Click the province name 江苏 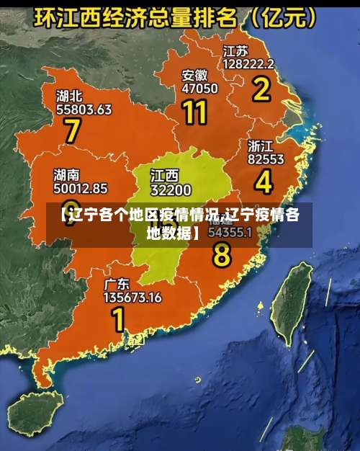point(235,51)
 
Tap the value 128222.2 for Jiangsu point(248,63)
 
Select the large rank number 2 point(260,89)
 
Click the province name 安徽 point(194,75)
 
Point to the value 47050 point(199,89)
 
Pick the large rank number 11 point(195,112)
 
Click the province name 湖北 point(69,96)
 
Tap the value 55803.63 point(84,110)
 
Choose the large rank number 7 point(72,132)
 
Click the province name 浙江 point(261,146)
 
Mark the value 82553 point(266,158)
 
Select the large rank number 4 point(264,182)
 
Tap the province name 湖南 point(67,175)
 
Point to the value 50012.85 point(81,189)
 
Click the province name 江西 point(164,177)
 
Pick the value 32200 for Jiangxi point(171,190)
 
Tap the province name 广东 point(117,283)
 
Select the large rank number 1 point(117,318)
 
